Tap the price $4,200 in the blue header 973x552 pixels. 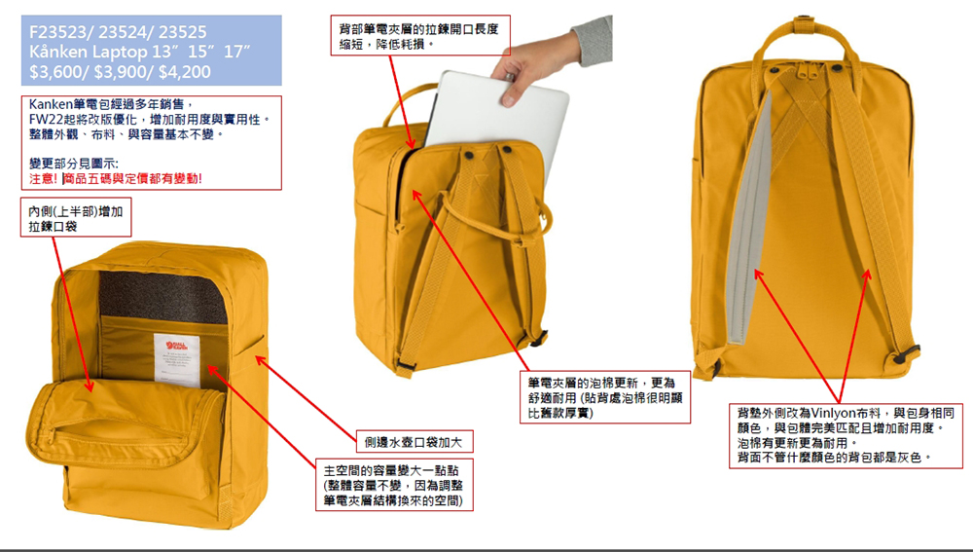click(184, 71)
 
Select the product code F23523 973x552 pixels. click(57, 32)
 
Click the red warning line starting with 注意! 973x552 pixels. click(116, 178)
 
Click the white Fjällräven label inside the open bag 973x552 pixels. click(177, 359)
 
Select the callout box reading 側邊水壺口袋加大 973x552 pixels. click(414, 441)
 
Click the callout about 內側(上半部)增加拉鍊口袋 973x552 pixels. click(76, 218)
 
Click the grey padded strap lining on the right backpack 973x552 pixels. click(749, 217)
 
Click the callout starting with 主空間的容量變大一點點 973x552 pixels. click(394, 485)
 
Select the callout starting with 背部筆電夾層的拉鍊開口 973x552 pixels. click(420, 36)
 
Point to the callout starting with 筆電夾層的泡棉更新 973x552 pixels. click(605, 397)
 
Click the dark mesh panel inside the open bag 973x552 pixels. click(163, 296)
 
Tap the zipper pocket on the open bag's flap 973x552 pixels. click(118, 429)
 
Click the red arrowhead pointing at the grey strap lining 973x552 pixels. click(758, 274)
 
